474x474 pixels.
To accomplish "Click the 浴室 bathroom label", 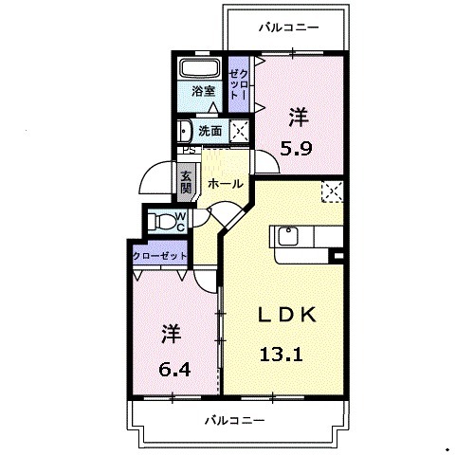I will click(x=202, y=92).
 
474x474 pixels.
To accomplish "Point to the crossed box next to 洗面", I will click(x=240, y=131).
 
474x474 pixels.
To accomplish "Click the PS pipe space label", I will click(x=188, y=150).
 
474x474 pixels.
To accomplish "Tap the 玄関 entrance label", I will click(x=187, y=180).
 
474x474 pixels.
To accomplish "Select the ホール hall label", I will click(x=225, y=183).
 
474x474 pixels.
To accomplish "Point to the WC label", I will click(x=181, y=220).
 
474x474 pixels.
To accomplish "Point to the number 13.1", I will click(x=281, y=356).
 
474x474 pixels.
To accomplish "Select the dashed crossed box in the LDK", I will click(x=332, y=192).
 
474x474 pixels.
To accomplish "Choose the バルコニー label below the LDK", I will click(x=233, y=420).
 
